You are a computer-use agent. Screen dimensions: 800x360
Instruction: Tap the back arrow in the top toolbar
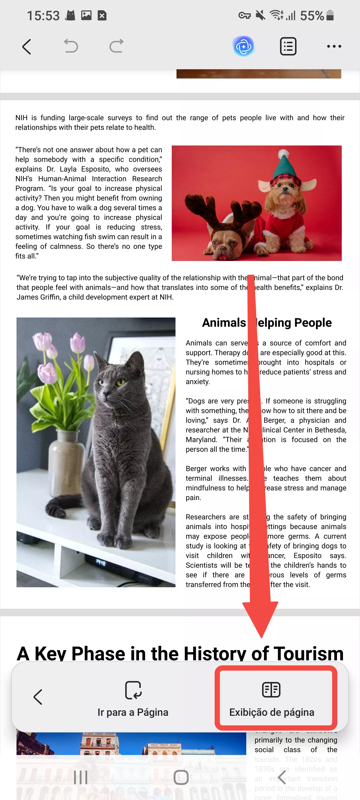click(x=27, y=46)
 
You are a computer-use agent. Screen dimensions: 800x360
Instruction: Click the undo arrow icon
click(x=71, y=46)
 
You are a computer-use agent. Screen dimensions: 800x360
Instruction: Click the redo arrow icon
click(x=116, y=46)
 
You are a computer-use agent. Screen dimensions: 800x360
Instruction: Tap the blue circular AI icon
click(x=243, y=46)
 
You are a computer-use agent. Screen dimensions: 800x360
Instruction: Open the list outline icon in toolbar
click(x=288, y=46)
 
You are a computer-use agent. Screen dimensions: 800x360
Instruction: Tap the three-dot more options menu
click(x=334, y=46)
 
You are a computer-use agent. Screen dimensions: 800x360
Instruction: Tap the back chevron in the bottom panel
click(x=37, y=697)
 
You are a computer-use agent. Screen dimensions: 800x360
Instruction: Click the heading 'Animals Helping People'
click(x=266, y=323)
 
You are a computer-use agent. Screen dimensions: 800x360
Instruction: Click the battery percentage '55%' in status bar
click(x=312, y=15)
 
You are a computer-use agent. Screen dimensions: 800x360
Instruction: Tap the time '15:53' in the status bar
click(x=43, y=15)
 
